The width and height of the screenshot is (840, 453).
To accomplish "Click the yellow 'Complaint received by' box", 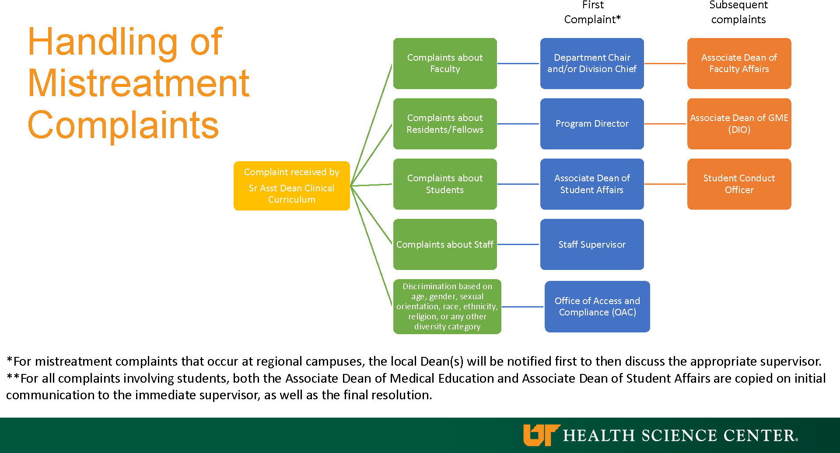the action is pos(292,186).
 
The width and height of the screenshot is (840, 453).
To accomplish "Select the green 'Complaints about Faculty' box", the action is pos(445,63).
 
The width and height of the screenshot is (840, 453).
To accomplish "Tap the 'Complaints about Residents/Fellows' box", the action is pos(445,124).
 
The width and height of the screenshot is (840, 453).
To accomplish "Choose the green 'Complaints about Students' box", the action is pos(445,184).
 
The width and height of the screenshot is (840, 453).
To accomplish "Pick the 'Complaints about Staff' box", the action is pos(445,244).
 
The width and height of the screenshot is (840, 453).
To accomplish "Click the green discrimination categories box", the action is pos(447,307).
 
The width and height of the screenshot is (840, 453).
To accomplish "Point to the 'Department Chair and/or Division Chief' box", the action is pos(592,63).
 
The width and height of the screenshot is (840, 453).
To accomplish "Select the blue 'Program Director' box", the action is pos(592,124).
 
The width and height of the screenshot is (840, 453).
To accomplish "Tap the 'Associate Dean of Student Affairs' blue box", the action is pos(592,184).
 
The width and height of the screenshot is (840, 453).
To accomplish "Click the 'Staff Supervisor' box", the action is pos(592,244).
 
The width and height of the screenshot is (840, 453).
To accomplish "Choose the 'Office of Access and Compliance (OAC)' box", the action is pos(597,307).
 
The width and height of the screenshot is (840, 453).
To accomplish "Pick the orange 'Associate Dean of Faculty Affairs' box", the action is pos(739,63).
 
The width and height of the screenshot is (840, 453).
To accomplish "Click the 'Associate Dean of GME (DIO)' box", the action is pos(739,124).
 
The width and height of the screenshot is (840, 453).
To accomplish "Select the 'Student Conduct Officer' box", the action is pos(739,184).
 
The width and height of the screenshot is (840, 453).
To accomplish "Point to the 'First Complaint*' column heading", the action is pos(593,12).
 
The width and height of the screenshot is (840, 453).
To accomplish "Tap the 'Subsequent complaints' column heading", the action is pos(738,12).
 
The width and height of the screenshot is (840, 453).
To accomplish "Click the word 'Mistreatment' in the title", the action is pos(138,83).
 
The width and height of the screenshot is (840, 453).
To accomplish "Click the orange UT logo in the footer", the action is pos(541,435).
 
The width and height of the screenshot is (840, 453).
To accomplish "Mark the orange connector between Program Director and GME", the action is pos(665,124).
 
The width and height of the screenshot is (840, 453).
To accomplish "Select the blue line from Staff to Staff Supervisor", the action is pos(518,244).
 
